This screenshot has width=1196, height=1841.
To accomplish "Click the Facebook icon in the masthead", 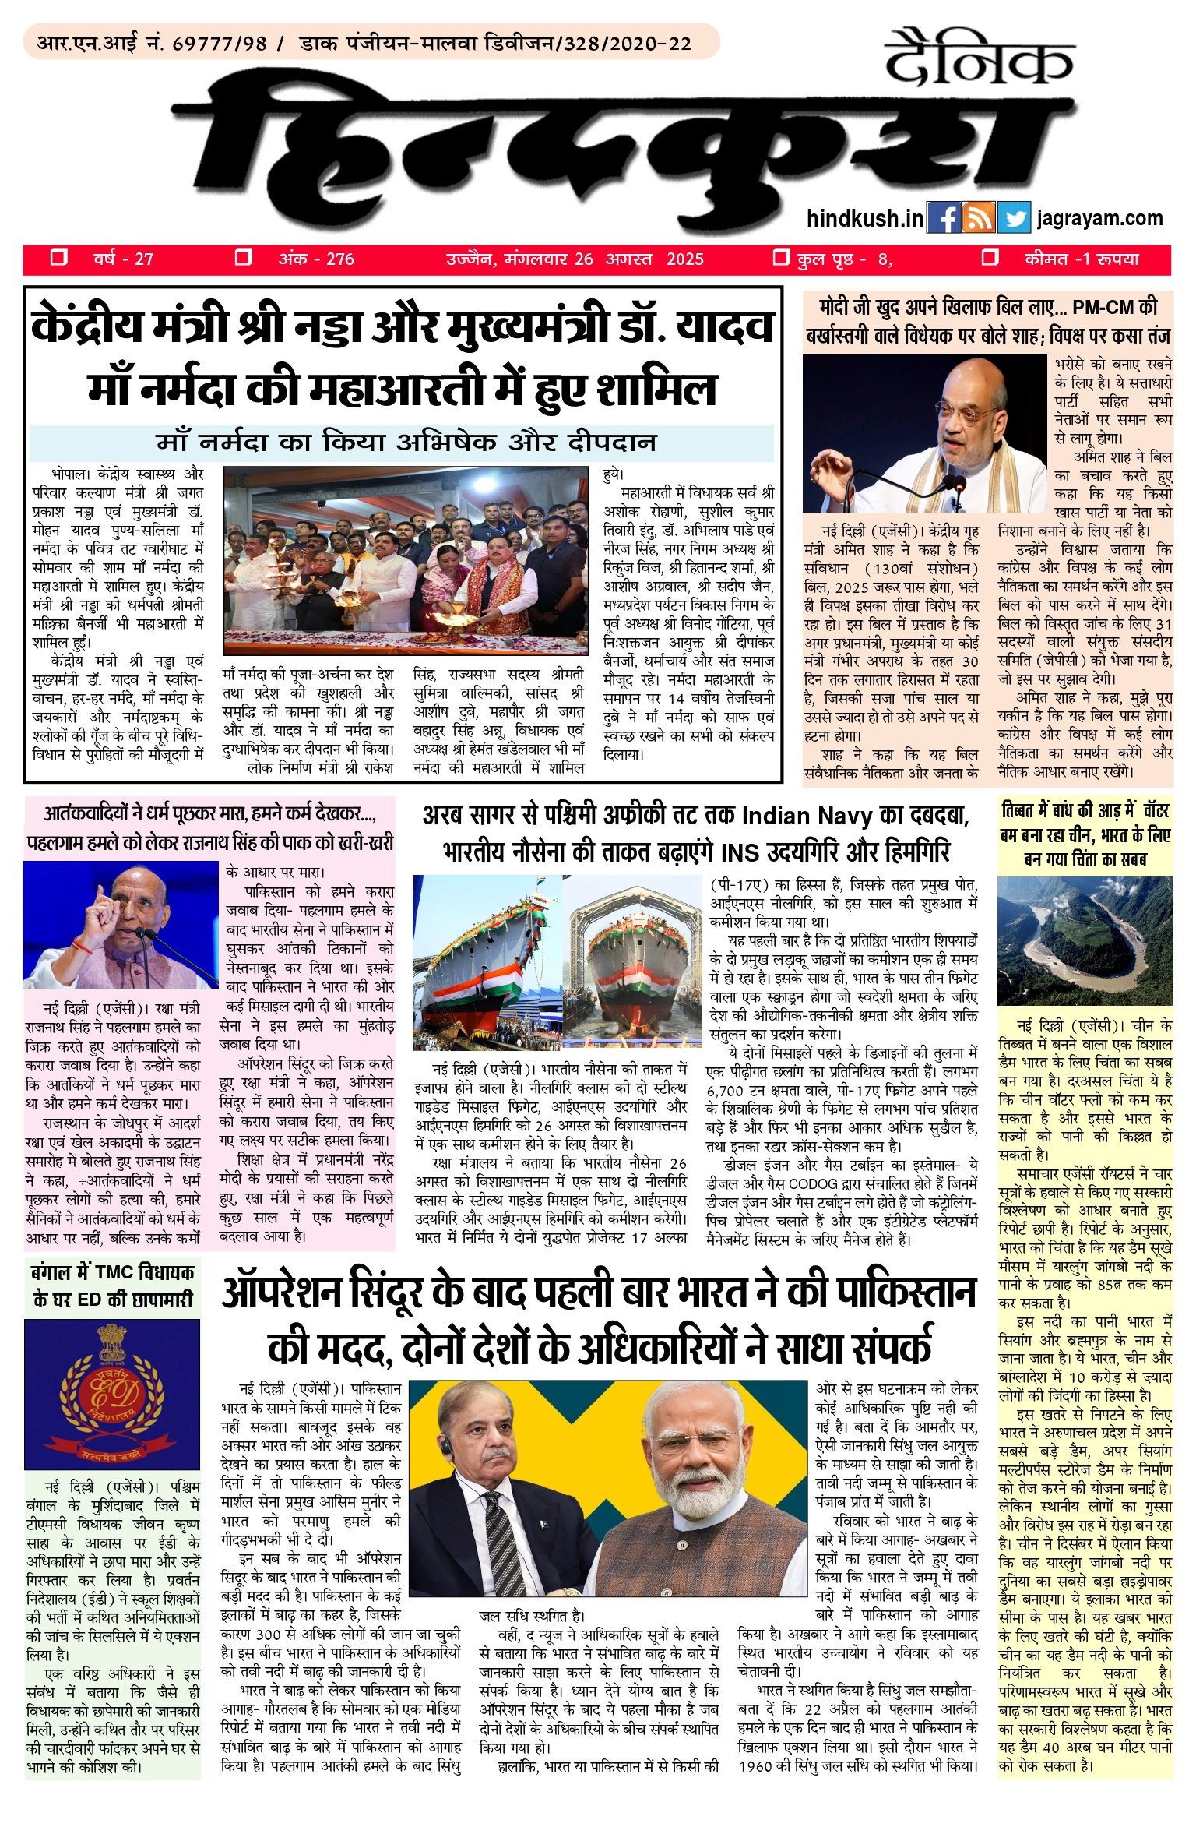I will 944,218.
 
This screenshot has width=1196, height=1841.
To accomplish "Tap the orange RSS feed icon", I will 979,218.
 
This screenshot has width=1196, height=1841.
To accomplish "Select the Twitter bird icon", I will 1014,218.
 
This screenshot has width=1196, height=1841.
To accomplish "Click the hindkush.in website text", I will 865,218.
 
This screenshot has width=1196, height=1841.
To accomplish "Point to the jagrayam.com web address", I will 1099,218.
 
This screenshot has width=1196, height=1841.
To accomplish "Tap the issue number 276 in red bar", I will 340,259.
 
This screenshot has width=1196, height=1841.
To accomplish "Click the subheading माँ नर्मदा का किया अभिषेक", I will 405,443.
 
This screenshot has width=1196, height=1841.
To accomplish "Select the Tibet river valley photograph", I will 1085,940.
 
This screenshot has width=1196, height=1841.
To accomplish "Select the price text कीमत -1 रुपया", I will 1081,259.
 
